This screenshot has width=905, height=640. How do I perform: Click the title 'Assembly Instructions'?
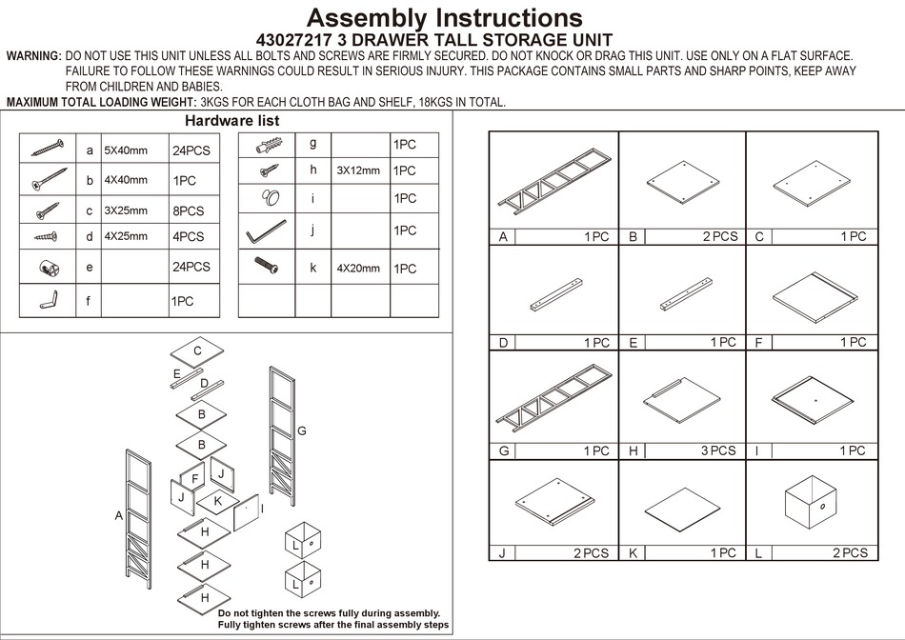coord(445,17)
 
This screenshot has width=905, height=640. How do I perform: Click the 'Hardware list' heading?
coord(231,121)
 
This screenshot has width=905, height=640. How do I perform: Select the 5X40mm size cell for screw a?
coord(126,150)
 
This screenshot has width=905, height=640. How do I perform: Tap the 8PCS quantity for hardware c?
coord(189,210)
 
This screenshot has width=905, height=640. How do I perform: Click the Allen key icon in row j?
coord(266,231)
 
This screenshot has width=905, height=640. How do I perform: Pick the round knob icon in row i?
coord(267,199)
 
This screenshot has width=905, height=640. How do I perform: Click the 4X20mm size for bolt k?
coord(357,269)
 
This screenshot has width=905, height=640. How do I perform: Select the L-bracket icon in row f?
coord(48,301)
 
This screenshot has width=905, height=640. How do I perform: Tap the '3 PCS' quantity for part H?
coord(718,451)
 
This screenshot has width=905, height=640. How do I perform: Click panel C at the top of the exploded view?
coord(197,351)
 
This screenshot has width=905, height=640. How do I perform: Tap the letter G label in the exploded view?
coord(301,431)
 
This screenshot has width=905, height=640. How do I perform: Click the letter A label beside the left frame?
coord(119,515)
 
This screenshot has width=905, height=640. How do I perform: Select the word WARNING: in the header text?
coord(33,57)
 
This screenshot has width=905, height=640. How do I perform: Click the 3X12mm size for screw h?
coord(357,171)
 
